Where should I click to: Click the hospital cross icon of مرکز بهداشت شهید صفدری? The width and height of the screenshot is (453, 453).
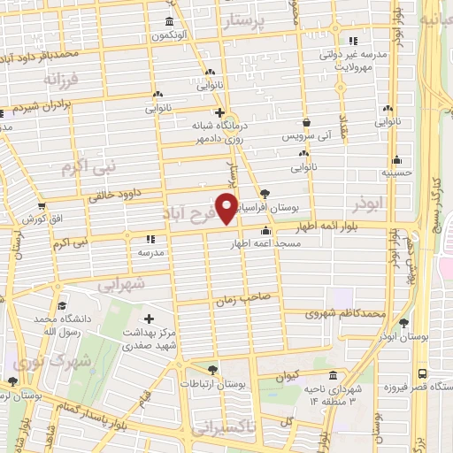click(x=149, y=319)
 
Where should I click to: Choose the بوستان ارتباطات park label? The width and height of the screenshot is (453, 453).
click(x=211, y=383)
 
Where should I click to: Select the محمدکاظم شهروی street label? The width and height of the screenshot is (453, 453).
click(x=345, y=313)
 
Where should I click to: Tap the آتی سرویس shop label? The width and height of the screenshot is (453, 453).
click(x=304, y=137)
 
